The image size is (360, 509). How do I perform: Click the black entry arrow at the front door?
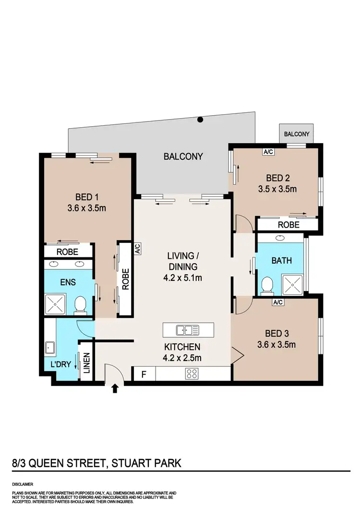click(x=115, y=388)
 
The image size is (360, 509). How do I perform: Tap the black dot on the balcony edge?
click(x=201, y=120)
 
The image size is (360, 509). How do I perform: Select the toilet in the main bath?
click(x=266, y=286)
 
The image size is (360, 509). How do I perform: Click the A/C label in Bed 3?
click(x=277, y=302)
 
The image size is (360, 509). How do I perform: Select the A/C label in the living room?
click(x=137, y=248)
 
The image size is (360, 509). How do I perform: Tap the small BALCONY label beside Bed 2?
click(x=297, y=134)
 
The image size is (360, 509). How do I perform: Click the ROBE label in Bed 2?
click(x=288, y=225)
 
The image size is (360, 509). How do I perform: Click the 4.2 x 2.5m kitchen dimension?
click(x=181, y=357)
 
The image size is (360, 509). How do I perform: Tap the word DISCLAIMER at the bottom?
click(x=23, y=485)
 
